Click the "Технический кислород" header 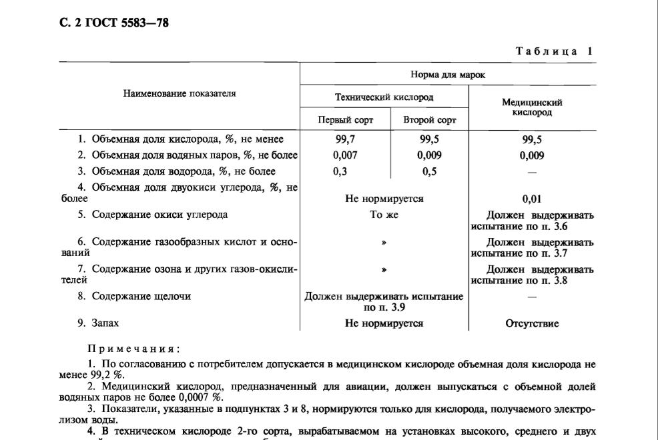click(384, 97)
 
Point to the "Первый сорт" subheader click(344, 121)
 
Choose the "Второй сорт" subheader click(429, 121)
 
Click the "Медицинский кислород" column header click(531, 108)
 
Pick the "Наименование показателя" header click(180, 94)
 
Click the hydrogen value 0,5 click(430, 171)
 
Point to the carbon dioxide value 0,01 click(532, 199)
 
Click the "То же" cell click(384, 215)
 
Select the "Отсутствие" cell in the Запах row click(532, 324)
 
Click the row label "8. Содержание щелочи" click(129, 296)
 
